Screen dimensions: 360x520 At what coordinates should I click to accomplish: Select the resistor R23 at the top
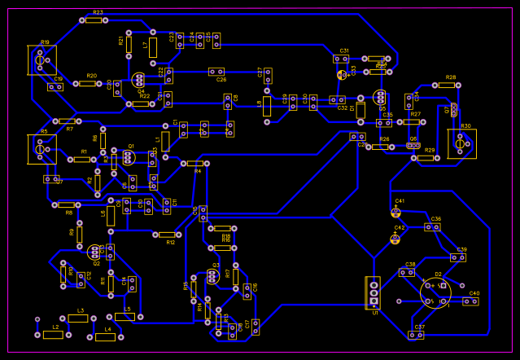(x=94, y=20)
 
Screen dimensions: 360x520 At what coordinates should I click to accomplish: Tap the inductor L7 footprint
(x=152, y=47)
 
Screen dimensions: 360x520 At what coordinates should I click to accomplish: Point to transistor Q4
(x=138, y=80)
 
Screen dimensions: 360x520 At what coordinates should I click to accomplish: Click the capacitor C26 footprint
(x=216, y=72)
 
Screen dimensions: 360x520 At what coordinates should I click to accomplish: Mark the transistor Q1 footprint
(x=128, y=156)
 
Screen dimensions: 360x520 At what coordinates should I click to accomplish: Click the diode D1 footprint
(x=352, y=99)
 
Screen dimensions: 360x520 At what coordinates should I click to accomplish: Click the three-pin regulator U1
(x=374, y=292)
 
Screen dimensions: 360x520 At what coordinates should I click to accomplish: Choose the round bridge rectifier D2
(x=435, y=292)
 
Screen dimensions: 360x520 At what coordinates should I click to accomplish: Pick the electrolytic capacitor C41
(x=396, y=212)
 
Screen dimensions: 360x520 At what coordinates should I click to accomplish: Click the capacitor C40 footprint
(x=470, y=301)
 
